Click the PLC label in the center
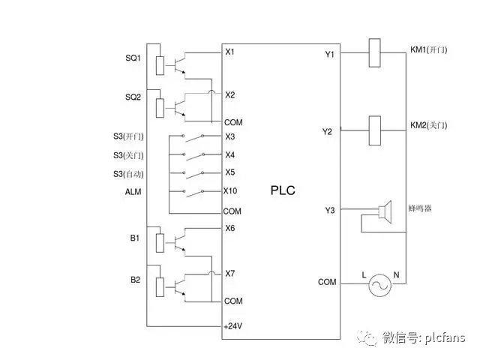[283, 190]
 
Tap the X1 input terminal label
[230, 52]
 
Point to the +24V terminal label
[233, 326]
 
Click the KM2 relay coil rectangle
[376, 129]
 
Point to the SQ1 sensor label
[133, 58]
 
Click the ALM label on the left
[133, 193]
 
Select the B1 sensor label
[135, 238]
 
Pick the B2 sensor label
[135, 280]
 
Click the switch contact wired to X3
[196, 136]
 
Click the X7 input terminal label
[230, 274]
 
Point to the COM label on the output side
[327, 282]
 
